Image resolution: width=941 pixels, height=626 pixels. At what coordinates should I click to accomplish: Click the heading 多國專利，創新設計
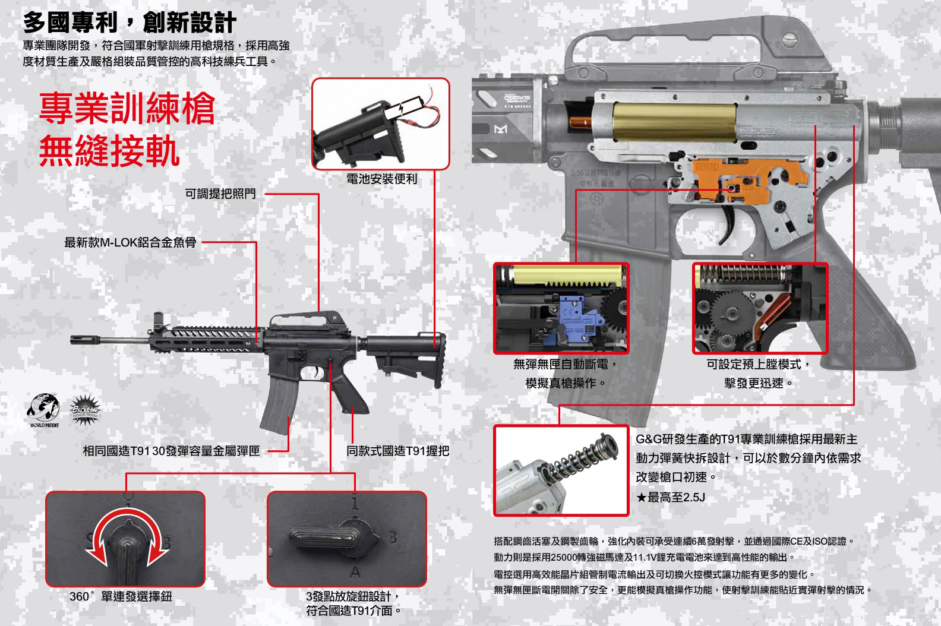(x=130, y=22)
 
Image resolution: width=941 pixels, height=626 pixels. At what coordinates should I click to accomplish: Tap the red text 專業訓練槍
(x=127, y=108)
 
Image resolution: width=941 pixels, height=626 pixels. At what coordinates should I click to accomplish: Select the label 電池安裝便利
(x=381, y=179)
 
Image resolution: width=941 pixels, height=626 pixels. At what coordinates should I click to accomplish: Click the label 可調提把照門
(x=220, y=194)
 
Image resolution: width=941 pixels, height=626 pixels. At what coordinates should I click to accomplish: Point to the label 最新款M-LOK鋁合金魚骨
(x=130, y=242)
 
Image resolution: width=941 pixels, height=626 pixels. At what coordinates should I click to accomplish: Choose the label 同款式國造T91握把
(x=398, y=451)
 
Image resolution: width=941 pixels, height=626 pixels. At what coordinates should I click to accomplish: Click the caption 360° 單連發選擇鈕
(x=121, y=596)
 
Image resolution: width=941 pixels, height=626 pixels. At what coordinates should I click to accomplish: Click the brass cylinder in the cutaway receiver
(x=674, y=122)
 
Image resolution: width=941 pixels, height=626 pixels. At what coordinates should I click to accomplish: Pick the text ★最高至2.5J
(x=671, y=498)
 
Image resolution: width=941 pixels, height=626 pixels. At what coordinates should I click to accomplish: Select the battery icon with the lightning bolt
(x=402, y=108)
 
